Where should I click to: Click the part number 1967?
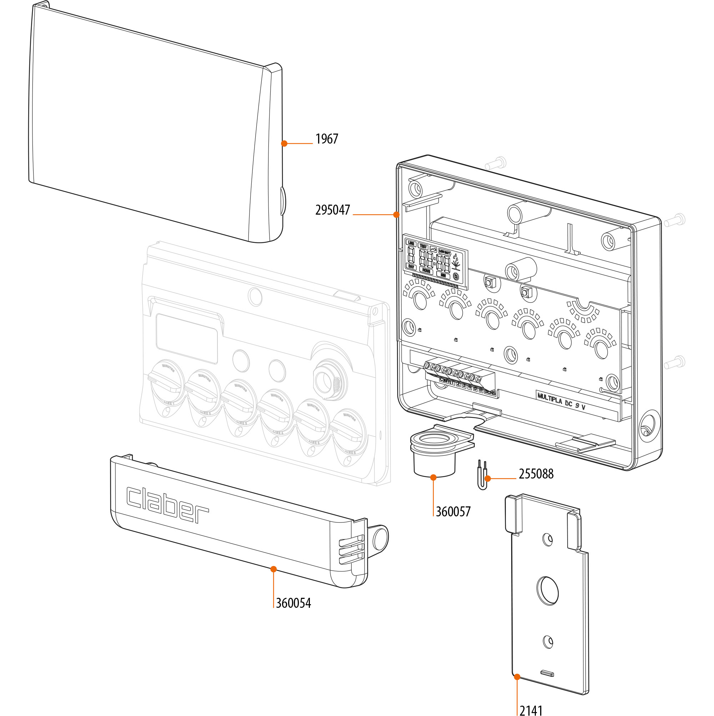point(326,139)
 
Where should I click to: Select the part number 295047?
point(332,210)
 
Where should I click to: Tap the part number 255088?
point(535,474)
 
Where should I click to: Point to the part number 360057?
point(453,512)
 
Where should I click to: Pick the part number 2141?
point(531,710)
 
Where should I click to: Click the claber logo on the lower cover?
point(167,504)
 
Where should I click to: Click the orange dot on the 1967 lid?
point(284,144)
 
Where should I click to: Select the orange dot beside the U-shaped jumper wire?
point(488,479)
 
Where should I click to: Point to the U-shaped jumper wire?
point(482,475)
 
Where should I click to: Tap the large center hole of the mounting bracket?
point(548,591)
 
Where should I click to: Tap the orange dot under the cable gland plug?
point(433,477)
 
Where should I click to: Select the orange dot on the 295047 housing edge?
point(396,215)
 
